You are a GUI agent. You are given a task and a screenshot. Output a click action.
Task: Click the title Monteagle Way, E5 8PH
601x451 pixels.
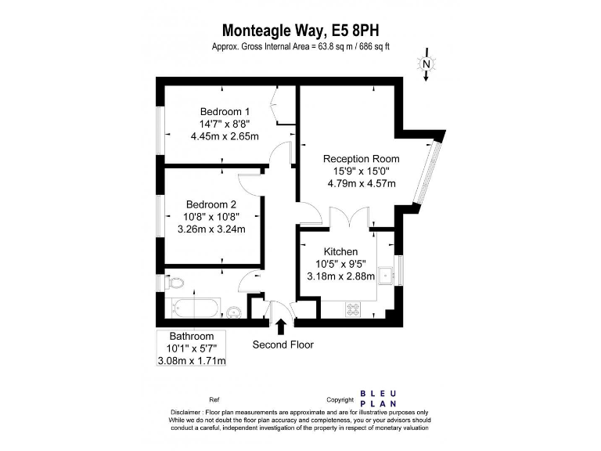(x=300, y=31)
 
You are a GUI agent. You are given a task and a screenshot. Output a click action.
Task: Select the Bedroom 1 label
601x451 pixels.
(x=225, y=111)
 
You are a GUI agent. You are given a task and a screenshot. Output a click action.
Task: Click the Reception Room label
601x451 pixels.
(x=362, y=159)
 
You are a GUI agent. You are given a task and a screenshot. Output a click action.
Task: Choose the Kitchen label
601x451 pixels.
(x=340, y=251)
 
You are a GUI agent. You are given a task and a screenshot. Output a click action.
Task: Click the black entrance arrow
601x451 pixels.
(x=281, y=325)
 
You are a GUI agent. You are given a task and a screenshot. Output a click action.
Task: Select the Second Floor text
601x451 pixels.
(x=283, y=345)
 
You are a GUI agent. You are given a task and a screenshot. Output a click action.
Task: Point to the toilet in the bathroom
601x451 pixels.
(x=173, y=282)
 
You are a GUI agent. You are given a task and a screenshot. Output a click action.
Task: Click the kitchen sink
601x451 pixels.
(x=385, y=273)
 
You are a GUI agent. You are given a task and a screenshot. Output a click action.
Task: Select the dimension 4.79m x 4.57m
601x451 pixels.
(x=362, y=184)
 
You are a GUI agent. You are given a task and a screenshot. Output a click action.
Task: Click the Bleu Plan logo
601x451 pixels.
(x=379, y=399)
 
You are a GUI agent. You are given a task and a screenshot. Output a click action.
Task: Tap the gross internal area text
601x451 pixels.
(x=300, y=47)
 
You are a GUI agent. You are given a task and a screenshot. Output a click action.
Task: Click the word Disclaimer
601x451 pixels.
(x=189, y=412)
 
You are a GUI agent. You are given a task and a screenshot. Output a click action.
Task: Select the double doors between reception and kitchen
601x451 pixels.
(x=349, y=218)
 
